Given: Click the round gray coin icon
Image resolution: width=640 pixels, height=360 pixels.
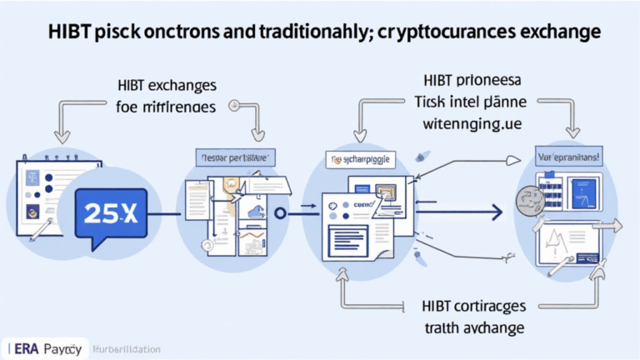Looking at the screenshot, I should (x=526, y=199).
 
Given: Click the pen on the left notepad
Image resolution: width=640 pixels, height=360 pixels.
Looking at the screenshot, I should (x=42, y=230).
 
